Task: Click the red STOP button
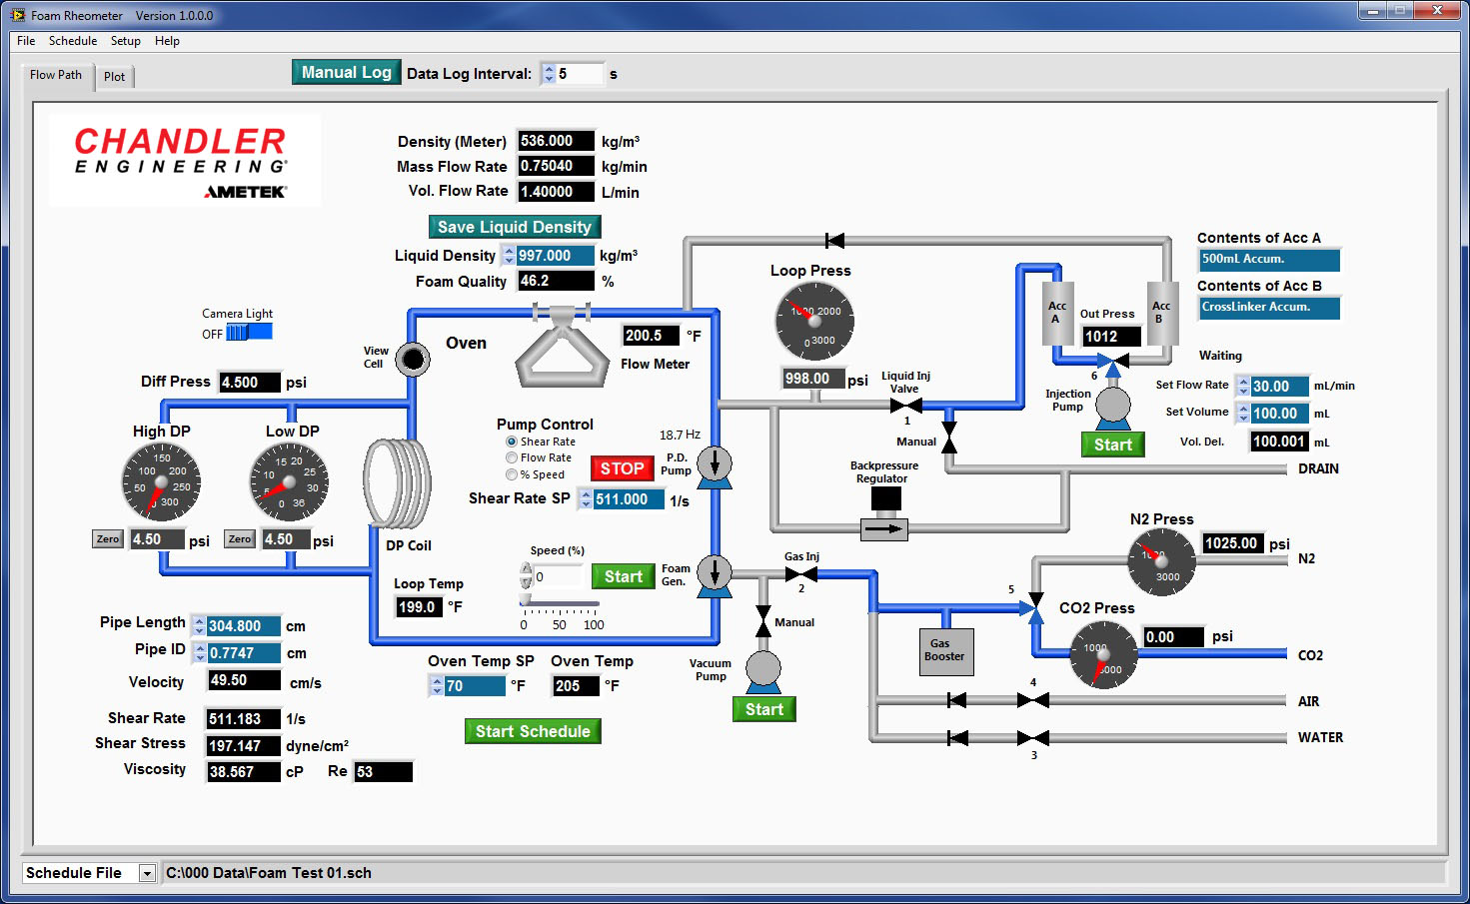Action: (x=622, y=468)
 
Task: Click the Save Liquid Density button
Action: (x=514, y=227)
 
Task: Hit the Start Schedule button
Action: (x=533, y=731)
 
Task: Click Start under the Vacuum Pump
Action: (x=763, y=709)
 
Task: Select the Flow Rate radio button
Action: (x=512, y=457)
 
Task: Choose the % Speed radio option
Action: (x=512, y=474)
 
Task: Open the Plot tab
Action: (x=115, y=77)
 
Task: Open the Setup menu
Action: (x=125, y=41)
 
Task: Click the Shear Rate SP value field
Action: (x=628, y=499)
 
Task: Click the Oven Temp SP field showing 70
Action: (x=474, y=686)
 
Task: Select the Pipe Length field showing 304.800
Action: (x=242, y=626)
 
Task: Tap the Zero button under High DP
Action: (x=108, y=539)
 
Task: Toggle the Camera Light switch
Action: (x=248, y=333)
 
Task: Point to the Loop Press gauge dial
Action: (x=814, y=322)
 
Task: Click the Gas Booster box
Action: (x=944, y=650)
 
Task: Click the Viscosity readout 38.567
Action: (x=243, y=772)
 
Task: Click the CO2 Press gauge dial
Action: (x=1103, y=654)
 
